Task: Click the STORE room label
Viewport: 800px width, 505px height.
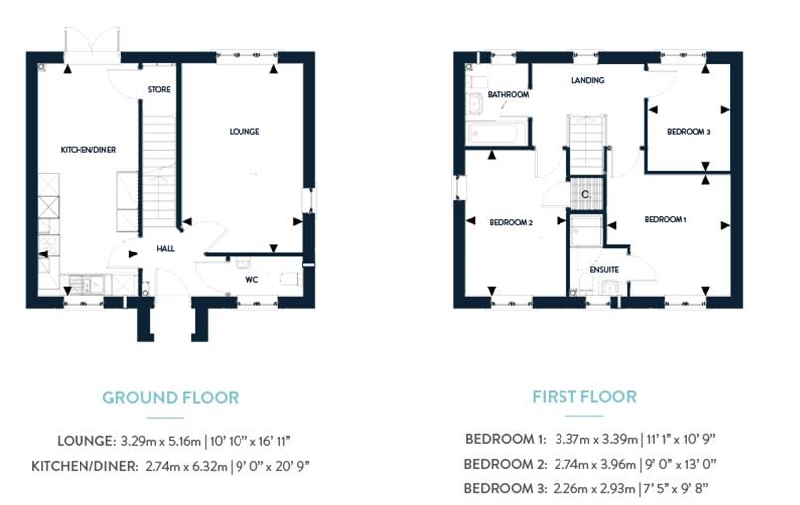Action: pyautogui.click(x=159, y=89)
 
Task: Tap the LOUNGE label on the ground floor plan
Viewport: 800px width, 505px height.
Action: pyautogui.click(x=244, y=132)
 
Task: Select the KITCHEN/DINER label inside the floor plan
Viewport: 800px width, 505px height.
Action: pyautogui.click(x=88, y=150)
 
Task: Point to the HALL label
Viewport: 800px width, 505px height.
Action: pyautogui.click(x=165, y=249)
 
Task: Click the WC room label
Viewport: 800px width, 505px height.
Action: pyautogui.click(x=252, y=280)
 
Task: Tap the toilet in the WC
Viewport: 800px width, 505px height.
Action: pyautogui.click(x=290, y=279)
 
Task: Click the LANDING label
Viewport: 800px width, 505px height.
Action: pyautogui.click(x=588, y=80)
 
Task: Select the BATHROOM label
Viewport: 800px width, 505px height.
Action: pyautogui.click(x=508, y=95)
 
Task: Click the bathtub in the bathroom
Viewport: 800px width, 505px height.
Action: pyautogui.click(x=496, y=134)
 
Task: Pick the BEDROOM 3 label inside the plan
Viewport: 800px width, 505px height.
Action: pyautogui.click(x=689, y=132)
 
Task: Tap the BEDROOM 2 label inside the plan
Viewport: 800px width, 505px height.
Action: pyautogui.click(x=511, y=222)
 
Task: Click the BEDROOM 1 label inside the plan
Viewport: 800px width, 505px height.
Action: pyautogui.click(x=665, y=219)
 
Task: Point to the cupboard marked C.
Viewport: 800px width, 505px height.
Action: pyautogui.click(x=586, y=194)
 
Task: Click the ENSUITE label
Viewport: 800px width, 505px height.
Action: pyautogui.click(x=604, y=270)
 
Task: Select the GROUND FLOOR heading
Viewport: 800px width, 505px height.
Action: pyautogui.click(x=170, y=398)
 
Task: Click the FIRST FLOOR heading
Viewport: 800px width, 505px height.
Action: pyautogui.click(x=584, y=397)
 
